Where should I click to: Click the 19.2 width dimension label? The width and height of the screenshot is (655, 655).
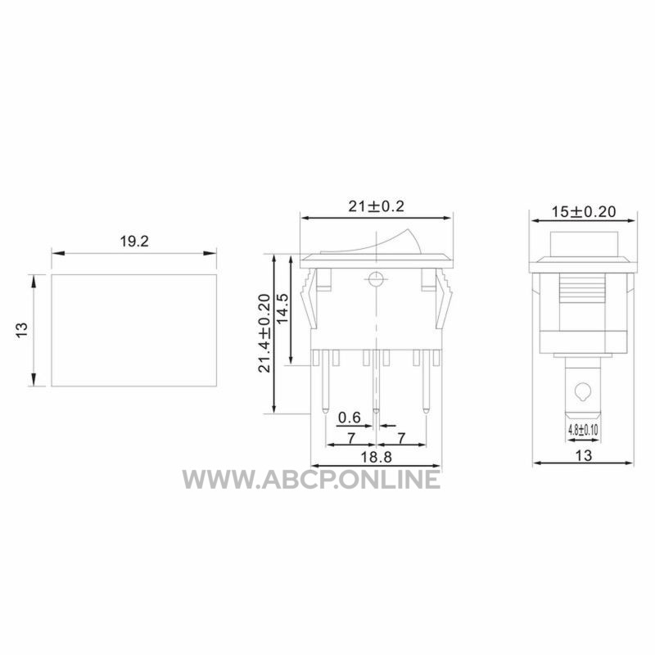(134, 242)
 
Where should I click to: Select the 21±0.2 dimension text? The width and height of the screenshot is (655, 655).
(377, 206)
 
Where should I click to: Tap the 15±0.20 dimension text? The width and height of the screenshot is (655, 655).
(584, 212)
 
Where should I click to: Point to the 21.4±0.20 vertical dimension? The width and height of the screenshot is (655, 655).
(264, 333)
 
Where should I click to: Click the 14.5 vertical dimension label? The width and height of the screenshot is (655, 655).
(282, 309)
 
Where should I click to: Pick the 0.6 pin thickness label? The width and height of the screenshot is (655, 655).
(350, 418)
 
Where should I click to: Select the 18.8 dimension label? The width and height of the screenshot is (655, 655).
(376, 458)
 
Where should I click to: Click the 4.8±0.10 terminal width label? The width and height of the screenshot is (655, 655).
(583, 430)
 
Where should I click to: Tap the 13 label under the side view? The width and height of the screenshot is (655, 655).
(584, 455)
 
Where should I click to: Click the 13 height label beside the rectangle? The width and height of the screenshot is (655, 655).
(22, 331)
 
